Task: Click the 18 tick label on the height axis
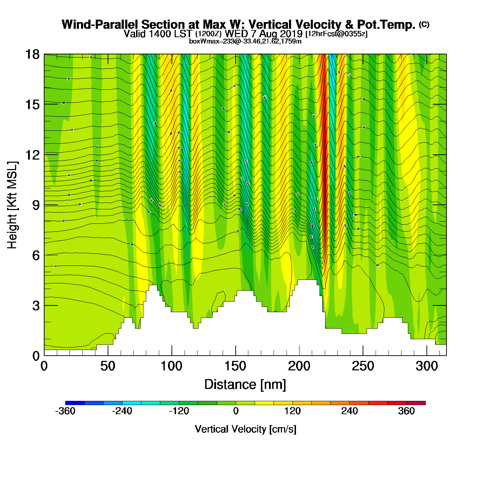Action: [32, 54]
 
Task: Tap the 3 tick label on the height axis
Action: [36, 306]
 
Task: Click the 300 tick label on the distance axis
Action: [426, 366]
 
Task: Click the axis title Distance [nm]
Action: [245, 385]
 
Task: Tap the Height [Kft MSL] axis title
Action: [12, 205]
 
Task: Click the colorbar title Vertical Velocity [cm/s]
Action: [245, 429]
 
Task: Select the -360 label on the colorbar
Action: [65, 411]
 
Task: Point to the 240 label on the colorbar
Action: [349, 411]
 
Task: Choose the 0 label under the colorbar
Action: [236, 411]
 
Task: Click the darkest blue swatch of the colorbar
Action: [75, 403]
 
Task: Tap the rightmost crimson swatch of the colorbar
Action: [416, 403]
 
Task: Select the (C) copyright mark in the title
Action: [424, 24]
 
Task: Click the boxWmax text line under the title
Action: [245, 41]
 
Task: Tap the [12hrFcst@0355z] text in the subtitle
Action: [336, 34]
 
